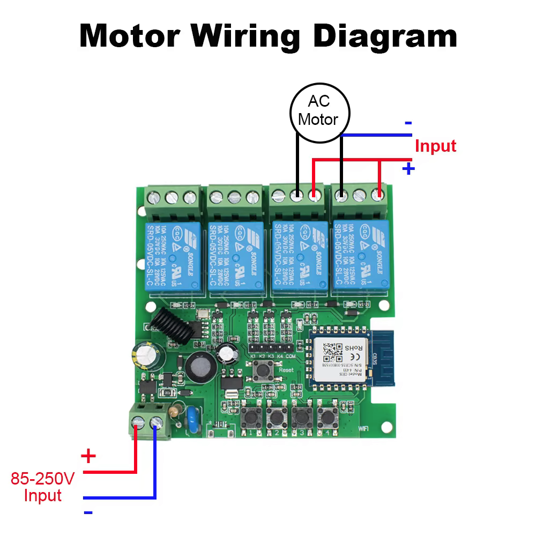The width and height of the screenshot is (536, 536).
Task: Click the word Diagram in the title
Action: [x=385, y=36]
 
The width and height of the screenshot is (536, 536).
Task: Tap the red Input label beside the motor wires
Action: [x=435, y=146]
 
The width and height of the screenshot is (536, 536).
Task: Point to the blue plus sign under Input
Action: [x=408, y=169]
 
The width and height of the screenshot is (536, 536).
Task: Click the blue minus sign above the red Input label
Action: [x=408, y=123]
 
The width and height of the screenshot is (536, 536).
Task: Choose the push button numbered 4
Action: [x=325, y=416]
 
